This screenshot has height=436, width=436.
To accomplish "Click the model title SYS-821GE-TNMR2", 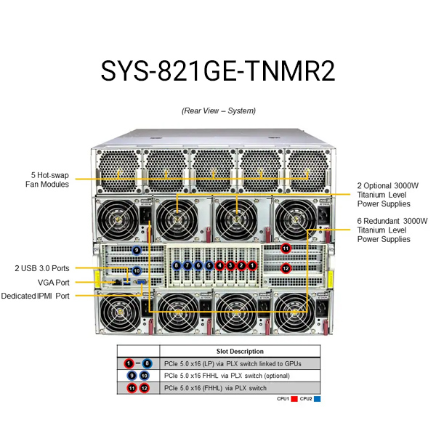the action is (x=218, y=70).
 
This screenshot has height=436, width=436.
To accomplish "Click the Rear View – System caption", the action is (x=219, y=110).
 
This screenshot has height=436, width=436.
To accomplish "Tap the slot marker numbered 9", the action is (x=137, y=250).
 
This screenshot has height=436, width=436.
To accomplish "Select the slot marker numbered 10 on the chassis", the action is (x=137, y=270).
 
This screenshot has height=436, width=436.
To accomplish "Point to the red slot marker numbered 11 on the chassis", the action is (x=286, y=248).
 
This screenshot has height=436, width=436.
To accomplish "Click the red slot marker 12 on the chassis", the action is (x=286, y=268).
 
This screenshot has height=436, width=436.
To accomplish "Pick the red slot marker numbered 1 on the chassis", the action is (x=252, y=265).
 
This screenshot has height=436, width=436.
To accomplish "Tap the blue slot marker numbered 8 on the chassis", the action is (x=177, y=265).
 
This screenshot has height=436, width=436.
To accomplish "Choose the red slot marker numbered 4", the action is (x=220, y=265).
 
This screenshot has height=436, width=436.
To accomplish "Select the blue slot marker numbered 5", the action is (x=209, y=265).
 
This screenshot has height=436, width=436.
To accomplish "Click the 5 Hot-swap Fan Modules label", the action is (x=47, y=179).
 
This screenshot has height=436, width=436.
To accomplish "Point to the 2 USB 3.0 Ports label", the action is (x=42, y=268).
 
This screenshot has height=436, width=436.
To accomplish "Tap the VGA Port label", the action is (x=53, y=283).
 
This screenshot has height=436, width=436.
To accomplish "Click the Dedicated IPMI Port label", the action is (x=35, y=296).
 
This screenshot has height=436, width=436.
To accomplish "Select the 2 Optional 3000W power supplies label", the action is (x=387, y=195).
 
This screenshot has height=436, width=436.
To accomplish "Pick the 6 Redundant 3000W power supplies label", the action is (x=392, y=230).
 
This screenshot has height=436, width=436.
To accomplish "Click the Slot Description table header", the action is (x=240, y=351).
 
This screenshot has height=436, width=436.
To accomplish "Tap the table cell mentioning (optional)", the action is (x=227, y=376).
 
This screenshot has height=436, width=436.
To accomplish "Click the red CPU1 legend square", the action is (x=294, y=399).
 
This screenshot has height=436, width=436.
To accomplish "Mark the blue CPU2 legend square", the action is (x=317, y=399).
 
